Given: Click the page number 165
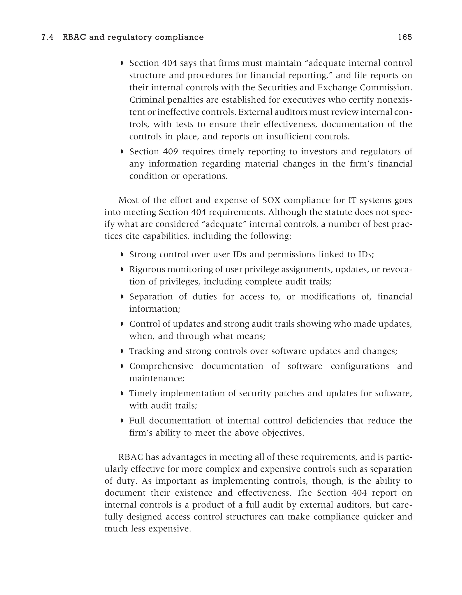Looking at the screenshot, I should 405,37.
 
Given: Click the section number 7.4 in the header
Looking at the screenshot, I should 47,37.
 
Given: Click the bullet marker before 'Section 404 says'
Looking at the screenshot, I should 122,63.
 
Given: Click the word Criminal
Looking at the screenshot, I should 147,100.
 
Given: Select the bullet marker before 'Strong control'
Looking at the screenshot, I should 122,255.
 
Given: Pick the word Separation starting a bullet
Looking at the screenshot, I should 151,297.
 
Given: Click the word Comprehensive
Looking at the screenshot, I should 161,366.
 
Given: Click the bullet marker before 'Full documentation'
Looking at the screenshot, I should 122,421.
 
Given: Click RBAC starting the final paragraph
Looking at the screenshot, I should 131,457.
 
